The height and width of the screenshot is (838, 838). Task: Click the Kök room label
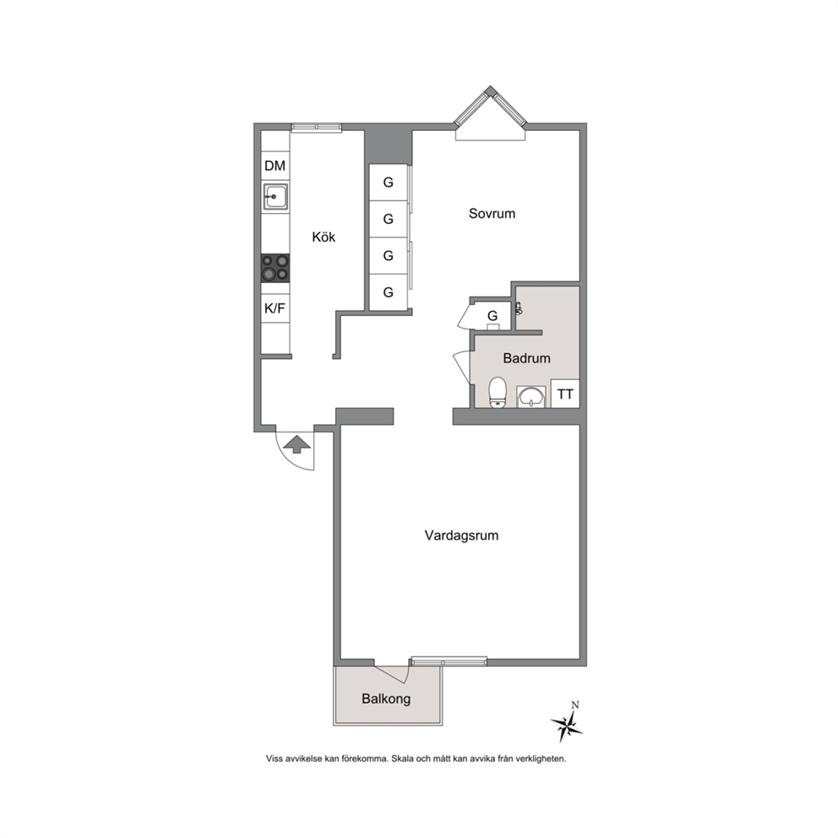[x=324, y=237]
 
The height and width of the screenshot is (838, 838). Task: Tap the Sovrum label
[x=492, y=213]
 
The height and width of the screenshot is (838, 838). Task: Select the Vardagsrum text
[x=461, y=536]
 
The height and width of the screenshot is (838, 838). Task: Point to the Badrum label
[x=526, y=358]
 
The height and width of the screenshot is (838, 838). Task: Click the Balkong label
[x=386, y=699]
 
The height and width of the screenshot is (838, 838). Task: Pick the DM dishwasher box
[x=275, y=166]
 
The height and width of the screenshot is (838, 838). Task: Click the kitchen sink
[x=275, y=196]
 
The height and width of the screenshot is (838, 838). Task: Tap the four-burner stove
[x=275, y=269]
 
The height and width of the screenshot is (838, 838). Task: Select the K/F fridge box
[x=275, y=308]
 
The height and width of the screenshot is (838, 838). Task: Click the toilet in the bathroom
[x=498, y=392]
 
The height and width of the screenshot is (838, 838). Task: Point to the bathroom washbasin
[x=531, y=396]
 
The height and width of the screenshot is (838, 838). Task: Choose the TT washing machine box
[x=565, y=394]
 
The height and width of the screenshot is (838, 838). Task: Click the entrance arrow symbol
[x=297, y=444]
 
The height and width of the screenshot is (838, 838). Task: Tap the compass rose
[x=568, y=724]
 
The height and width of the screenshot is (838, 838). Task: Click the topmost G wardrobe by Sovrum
[x=389, y=182]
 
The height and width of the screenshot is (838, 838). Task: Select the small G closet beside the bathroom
[x=492, y=316]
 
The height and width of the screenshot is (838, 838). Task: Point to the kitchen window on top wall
[x=317, y=128]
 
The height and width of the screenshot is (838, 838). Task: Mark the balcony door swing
[x=392, y=674]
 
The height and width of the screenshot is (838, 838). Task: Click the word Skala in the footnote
[x=402, y=759]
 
